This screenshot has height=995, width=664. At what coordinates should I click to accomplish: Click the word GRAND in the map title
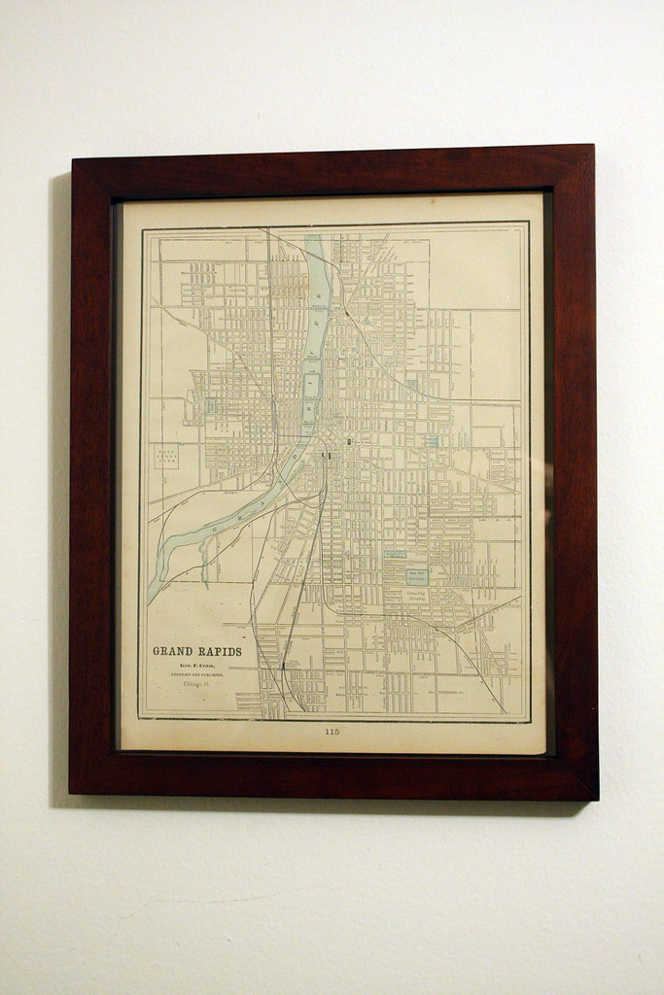tap(176, 651)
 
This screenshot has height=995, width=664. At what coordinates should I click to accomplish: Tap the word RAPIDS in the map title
tap(221, 651)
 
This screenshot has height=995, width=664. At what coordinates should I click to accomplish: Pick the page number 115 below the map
tap(332, 731)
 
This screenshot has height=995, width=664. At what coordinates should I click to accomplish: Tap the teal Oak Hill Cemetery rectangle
tap(417, 575)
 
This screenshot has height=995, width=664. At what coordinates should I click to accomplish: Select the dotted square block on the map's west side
tap(166, 457)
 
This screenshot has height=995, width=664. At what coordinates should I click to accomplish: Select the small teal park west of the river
tap(210, 404)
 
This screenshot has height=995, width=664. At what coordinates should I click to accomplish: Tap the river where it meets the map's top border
tap(315, 233)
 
